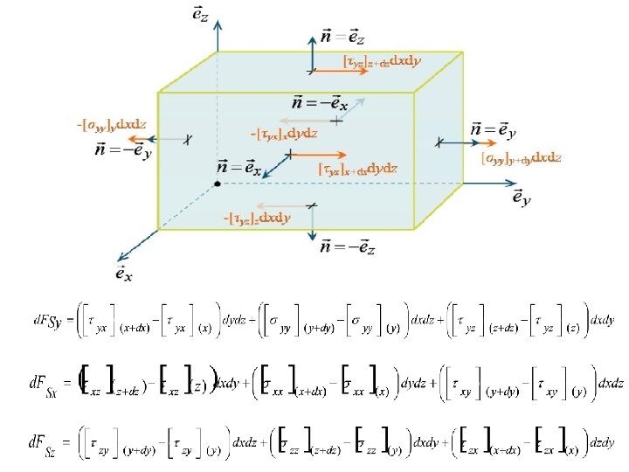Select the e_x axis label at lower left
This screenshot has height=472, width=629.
[124, 273]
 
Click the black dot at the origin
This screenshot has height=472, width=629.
[217, 184]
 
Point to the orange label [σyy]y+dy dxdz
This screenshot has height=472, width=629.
[521, 158]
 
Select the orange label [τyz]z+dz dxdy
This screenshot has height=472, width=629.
[382, 61]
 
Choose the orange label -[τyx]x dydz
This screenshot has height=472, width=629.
[283, 134]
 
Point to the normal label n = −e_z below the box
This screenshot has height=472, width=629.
[348, 248]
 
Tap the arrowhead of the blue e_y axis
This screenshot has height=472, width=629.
[512, 184]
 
